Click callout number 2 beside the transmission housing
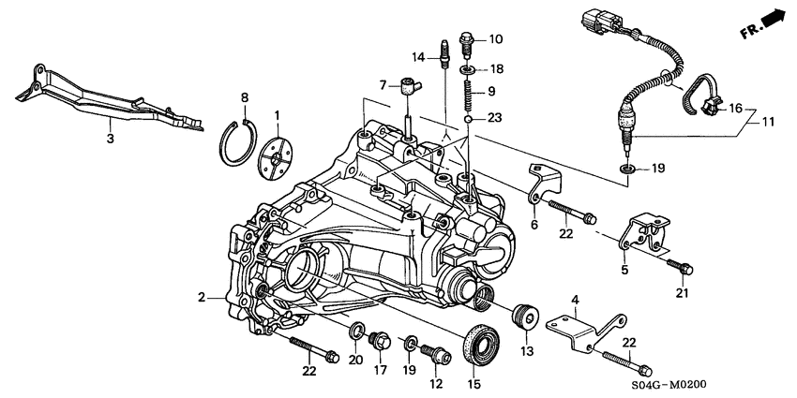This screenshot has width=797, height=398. tap(202, 298)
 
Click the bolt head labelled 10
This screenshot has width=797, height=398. tap(469, 39)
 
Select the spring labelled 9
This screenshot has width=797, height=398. tap(468, 94)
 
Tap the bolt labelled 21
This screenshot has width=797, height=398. tap(682, 269)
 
